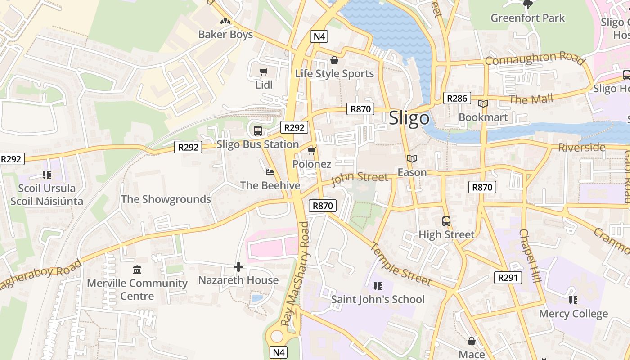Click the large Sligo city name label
point(409,118)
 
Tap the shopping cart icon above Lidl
point(264,72)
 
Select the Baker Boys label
point(225,35)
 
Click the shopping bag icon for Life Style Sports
point(334,60)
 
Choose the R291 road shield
point(508,278)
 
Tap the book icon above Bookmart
point(483,104)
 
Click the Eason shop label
point(412,172)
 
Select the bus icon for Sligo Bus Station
point(257,131)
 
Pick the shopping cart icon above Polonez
point(311,151)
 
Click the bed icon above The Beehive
point(270,172)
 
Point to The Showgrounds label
point(166,199)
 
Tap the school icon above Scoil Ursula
point(46,175)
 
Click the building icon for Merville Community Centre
point(137,270)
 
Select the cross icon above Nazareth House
point(238,267)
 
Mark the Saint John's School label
point(378,299)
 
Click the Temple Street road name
point(400,264)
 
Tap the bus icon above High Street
point(446,221)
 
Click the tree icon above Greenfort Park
point(527,5)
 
